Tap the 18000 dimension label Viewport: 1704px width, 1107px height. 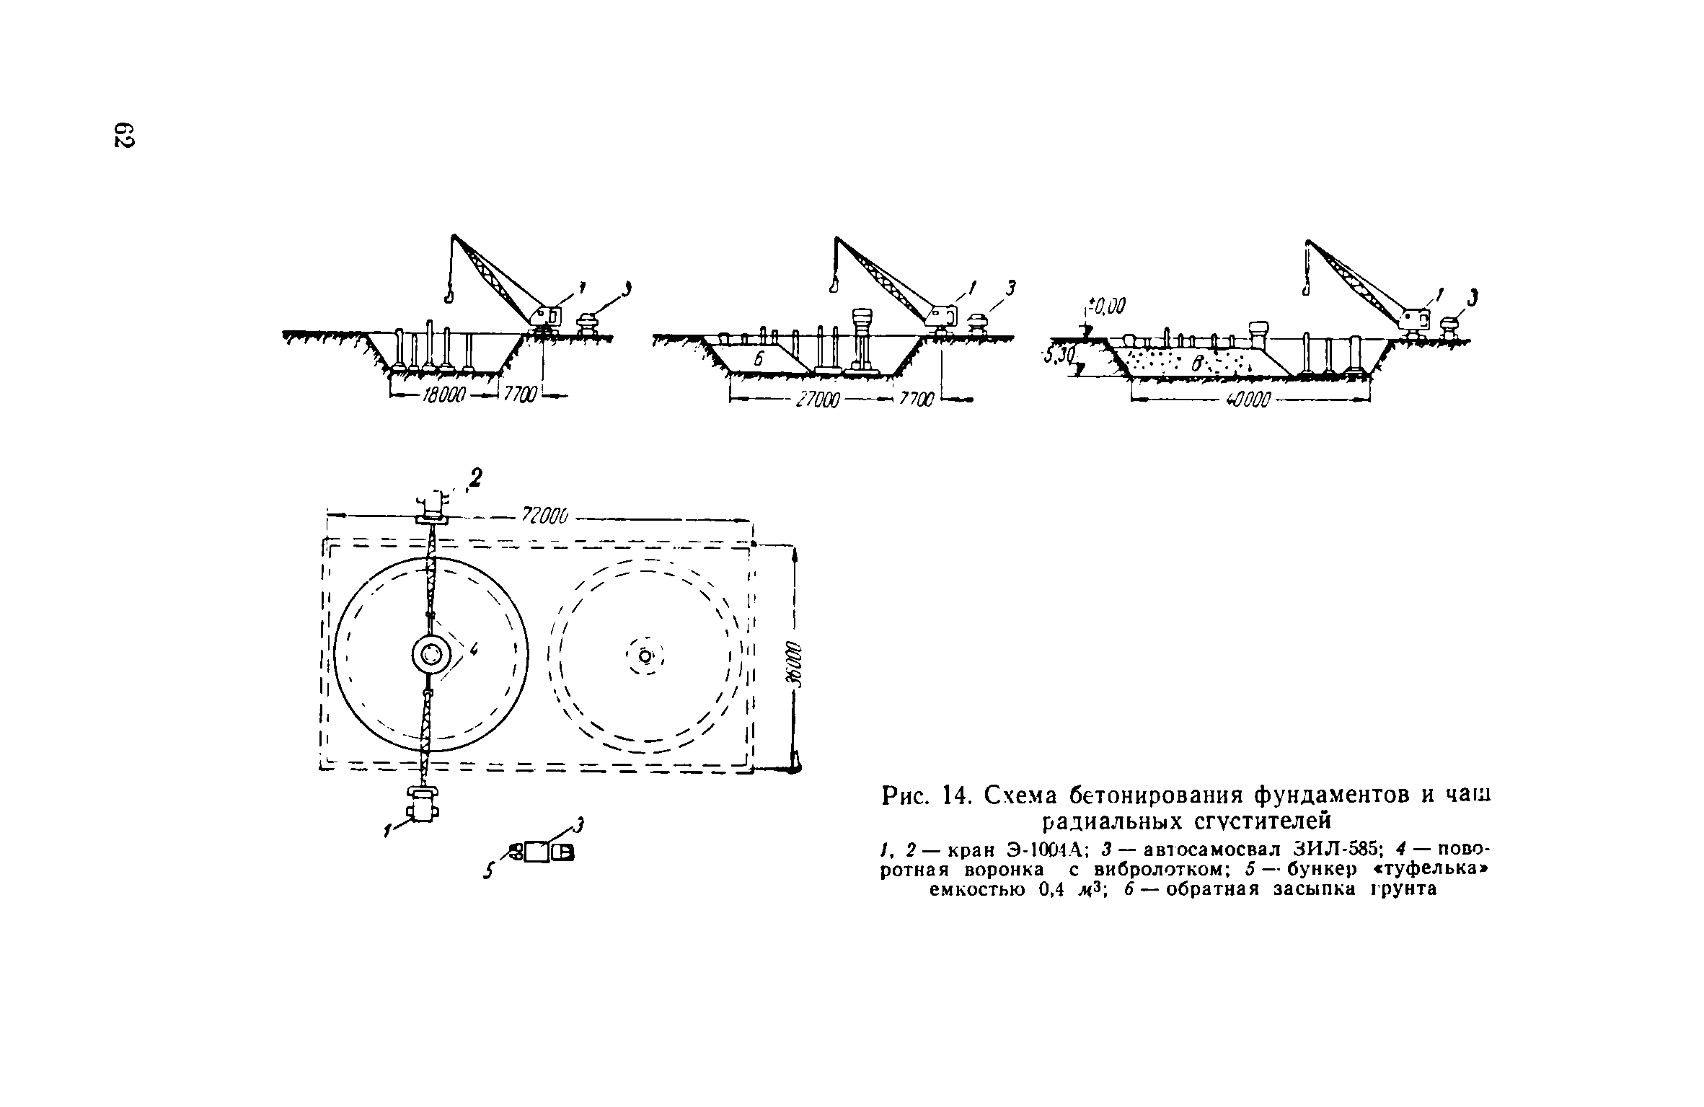pyautogui.click(x=443, y=397)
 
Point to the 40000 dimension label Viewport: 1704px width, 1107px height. pyautogui.click(x=1247, y=400)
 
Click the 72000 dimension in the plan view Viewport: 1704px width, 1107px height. pyautogui.click(x=546, y=516)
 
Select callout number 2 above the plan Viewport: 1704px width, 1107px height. pyautogui.click(x=474, y=477)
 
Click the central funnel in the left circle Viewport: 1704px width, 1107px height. pyautogui.click(x=431, y=655)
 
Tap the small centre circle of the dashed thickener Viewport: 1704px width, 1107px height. pyautogui.click(x=645, y=656)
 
